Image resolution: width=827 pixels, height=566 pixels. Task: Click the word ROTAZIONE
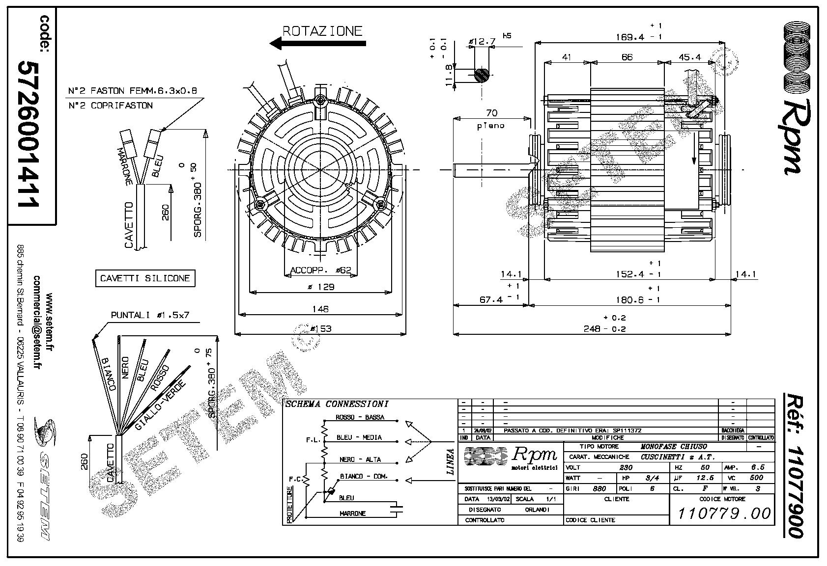pyautogui.click(x=322, y=31)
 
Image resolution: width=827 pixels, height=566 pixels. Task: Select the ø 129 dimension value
pyautogui.click(x=320, y=287)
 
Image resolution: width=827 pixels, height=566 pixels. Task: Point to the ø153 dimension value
pyautogui.click(x=320, y=328)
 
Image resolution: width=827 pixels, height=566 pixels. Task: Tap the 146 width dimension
pyautogui.click(x=320, y=309)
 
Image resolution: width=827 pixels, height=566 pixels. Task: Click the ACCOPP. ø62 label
pyautogui.click(x=320, y=270)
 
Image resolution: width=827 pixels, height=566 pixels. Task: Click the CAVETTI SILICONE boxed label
pyautogui.click(x=145, y=278)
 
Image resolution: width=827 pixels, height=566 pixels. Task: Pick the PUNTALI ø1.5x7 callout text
pyautogui.click(x=150, y=315)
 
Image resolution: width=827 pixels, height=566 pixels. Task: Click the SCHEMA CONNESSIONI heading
pyautogui.click(x=337, y=404)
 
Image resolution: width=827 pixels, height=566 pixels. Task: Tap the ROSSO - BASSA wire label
pyautogui.click(x=360, y=418)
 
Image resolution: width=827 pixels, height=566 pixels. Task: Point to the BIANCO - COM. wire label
pyautogui.click(x=364, y=476)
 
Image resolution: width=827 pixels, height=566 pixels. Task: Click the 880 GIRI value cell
pyautogui.click(x=599, y=489)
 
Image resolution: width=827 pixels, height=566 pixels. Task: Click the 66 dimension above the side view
pyautogui.click(x=627, y=57)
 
